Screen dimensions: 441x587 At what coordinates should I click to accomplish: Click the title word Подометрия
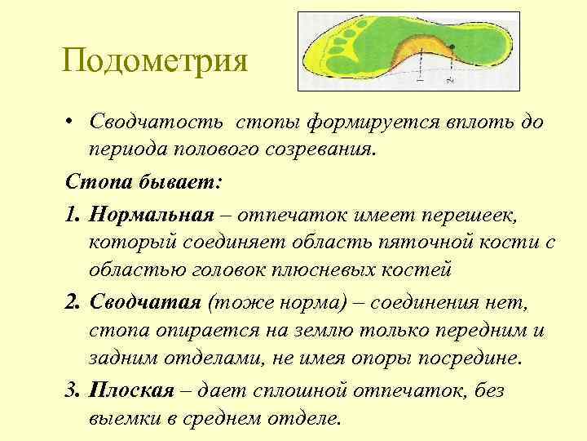point(154,61)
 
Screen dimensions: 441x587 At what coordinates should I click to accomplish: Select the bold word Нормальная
point(152,213)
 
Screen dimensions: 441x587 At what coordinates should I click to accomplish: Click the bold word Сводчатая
point(147,304)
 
